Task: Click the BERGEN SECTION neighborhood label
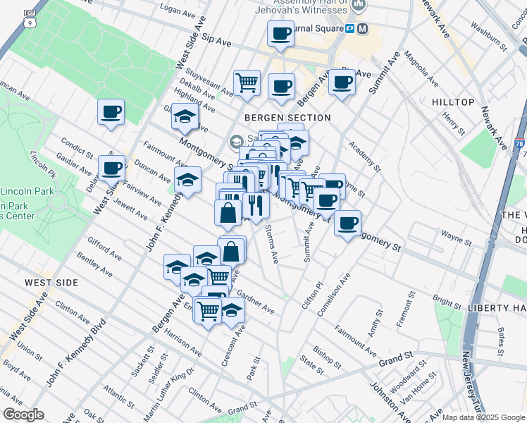coord(287,118)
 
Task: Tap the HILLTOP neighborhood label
coord(453,102)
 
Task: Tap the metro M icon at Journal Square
coord(363,29)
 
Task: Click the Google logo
coord(23,415)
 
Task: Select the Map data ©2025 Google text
coord(483,417)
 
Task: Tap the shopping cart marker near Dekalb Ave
coord(247,83)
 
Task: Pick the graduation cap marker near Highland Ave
coord(185,116)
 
